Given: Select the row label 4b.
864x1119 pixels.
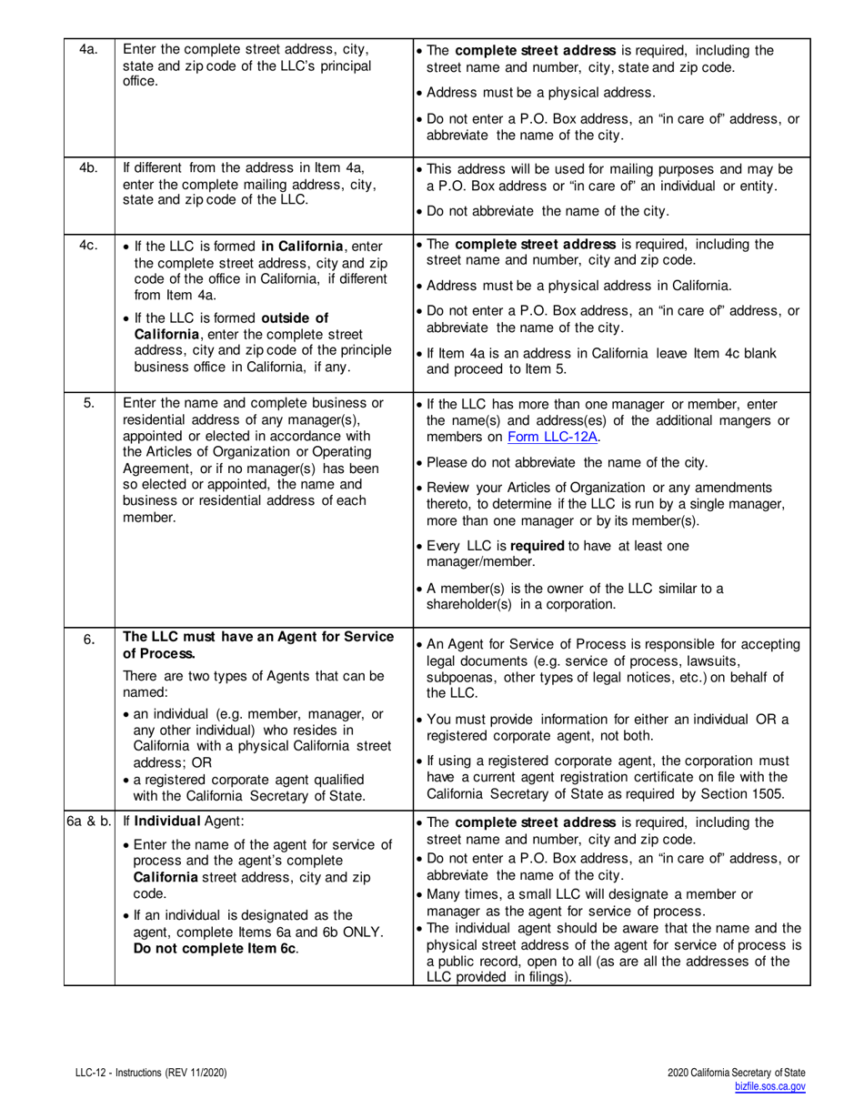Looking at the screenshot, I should pyautogui.click(x=88, y=168).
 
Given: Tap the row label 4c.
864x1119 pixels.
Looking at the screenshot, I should pyautogui.click(x=88, y=247).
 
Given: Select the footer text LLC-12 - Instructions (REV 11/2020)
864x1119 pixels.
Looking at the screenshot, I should pyautogui.click(x=151, y=1074).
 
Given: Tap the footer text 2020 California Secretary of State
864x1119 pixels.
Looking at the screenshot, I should pyautogui.click(x=736, y=1074).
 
